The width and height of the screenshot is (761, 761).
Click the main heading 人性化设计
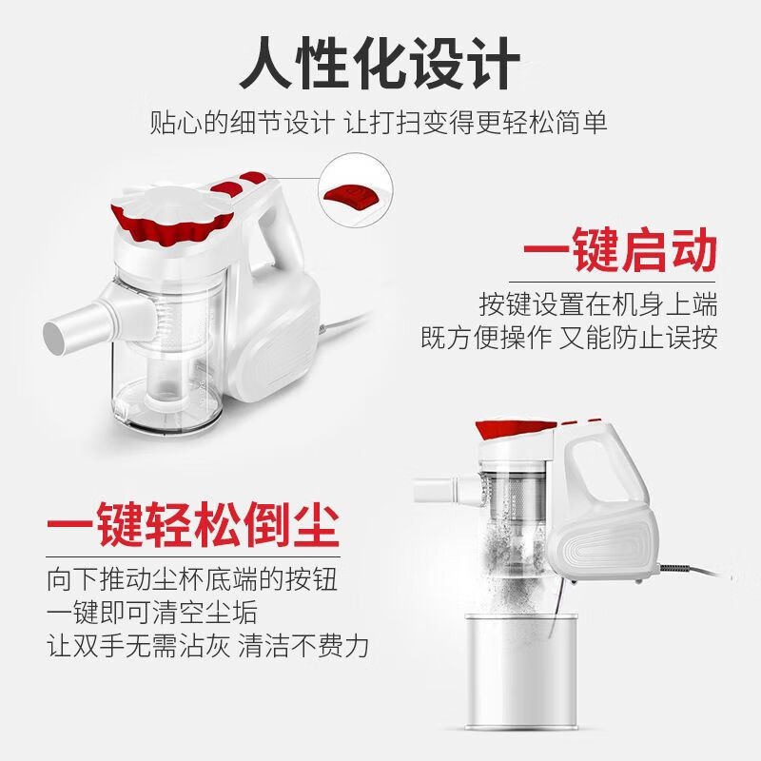(x=380, y=63)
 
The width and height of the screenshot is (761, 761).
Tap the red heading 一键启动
(x=620, y=250)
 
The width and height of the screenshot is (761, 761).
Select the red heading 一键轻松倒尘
(x=193, y=525)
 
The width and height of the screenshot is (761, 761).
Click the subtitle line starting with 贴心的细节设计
(x=379, y=122)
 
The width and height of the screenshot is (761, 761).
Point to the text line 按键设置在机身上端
(x=598, y=303)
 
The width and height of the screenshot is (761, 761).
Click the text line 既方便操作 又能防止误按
(x=569, y=338)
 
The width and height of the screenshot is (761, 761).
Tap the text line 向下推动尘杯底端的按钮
(x=192, y=579)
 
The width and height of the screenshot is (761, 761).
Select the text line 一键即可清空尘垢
(x=152, y=612)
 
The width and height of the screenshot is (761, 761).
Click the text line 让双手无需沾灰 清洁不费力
(x=207, y=646)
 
